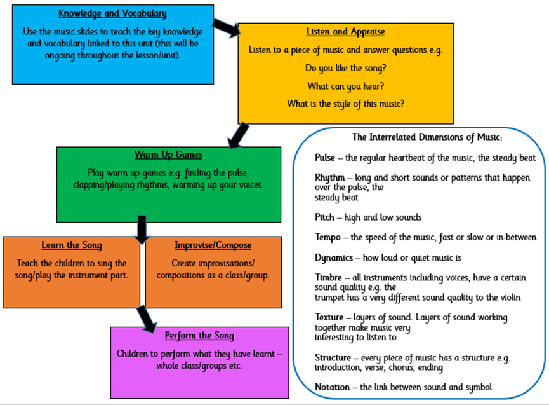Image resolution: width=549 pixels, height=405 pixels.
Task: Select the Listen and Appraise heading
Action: (x=345, y=32)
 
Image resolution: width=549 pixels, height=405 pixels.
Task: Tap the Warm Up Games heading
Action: (x=168, y=155)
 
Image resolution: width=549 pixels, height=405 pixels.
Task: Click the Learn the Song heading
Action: (x=72, y=245)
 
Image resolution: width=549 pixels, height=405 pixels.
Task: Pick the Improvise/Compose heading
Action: (x=213, y=245)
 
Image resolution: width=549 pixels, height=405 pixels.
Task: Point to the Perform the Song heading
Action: (x=199, y=336)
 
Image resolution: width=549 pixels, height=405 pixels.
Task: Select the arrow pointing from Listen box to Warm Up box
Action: (x=238, y=135)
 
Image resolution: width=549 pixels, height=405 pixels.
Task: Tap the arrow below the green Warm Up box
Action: (x=141, y=230)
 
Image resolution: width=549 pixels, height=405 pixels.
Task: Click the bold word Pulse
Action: (x=326, y=158)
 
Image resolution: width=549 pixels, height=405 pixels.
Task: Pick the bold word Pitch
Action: (x=324, y=217)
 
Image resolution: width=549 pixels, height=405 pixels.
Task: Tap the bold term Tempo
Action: (x=328, y=237)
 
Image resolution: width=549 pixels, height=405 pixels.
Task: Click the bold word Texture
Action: (x=329, y=317)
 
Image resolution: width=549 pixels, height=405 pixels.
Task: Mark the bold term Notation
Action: (x=332, y=387)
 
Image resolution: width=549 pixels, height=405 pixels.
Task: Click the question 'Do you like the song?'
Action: (x=345, y=67)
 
